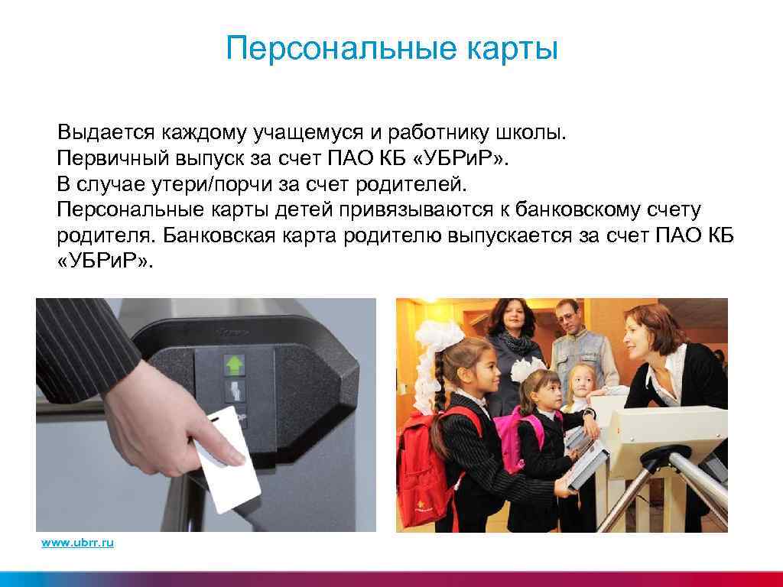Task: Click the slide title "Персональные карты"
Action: (391, 50)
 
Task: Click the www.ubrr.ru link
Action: (77, 543)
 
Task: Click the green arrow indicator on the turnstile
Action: (234, 364)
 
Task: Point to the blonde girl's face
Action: (580, 380)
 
